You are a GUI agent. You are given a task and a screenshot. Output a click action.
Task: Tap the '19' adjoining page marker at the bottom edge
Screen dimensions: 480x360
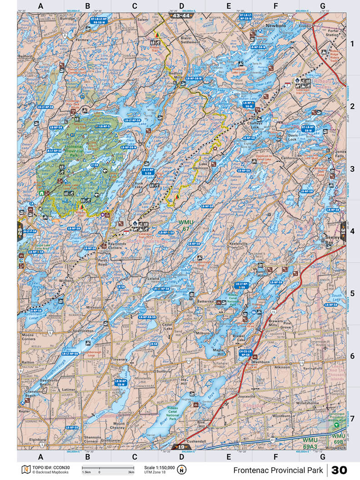[x=181, y=447]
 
